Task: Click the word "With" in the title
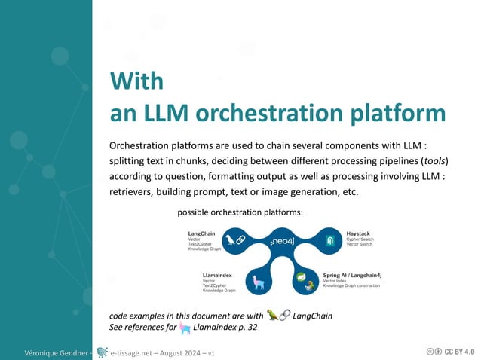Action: click(136, 81)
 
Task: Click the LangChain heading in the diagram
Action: click(201, 233)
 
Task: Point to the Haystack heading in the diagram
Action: click(358, 233)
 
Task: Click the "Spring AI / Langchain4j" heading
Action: click(353, 275)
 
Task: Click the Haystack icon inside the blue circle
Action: click(329, 241)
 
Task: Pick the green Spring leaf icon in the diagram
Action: click(301, 278)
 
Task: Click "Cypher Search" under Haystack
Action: click(360, 239)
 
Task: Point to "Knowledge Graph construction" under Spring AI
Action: click(351, 286)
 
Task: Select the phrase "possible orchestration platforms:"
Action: click(240, 212)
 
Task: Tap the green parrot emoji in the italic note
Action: click(272, 315)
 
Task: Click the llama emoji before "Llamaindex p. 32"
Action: click(185, 328)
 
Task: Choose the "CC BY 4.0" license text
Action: click(459, 351)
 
